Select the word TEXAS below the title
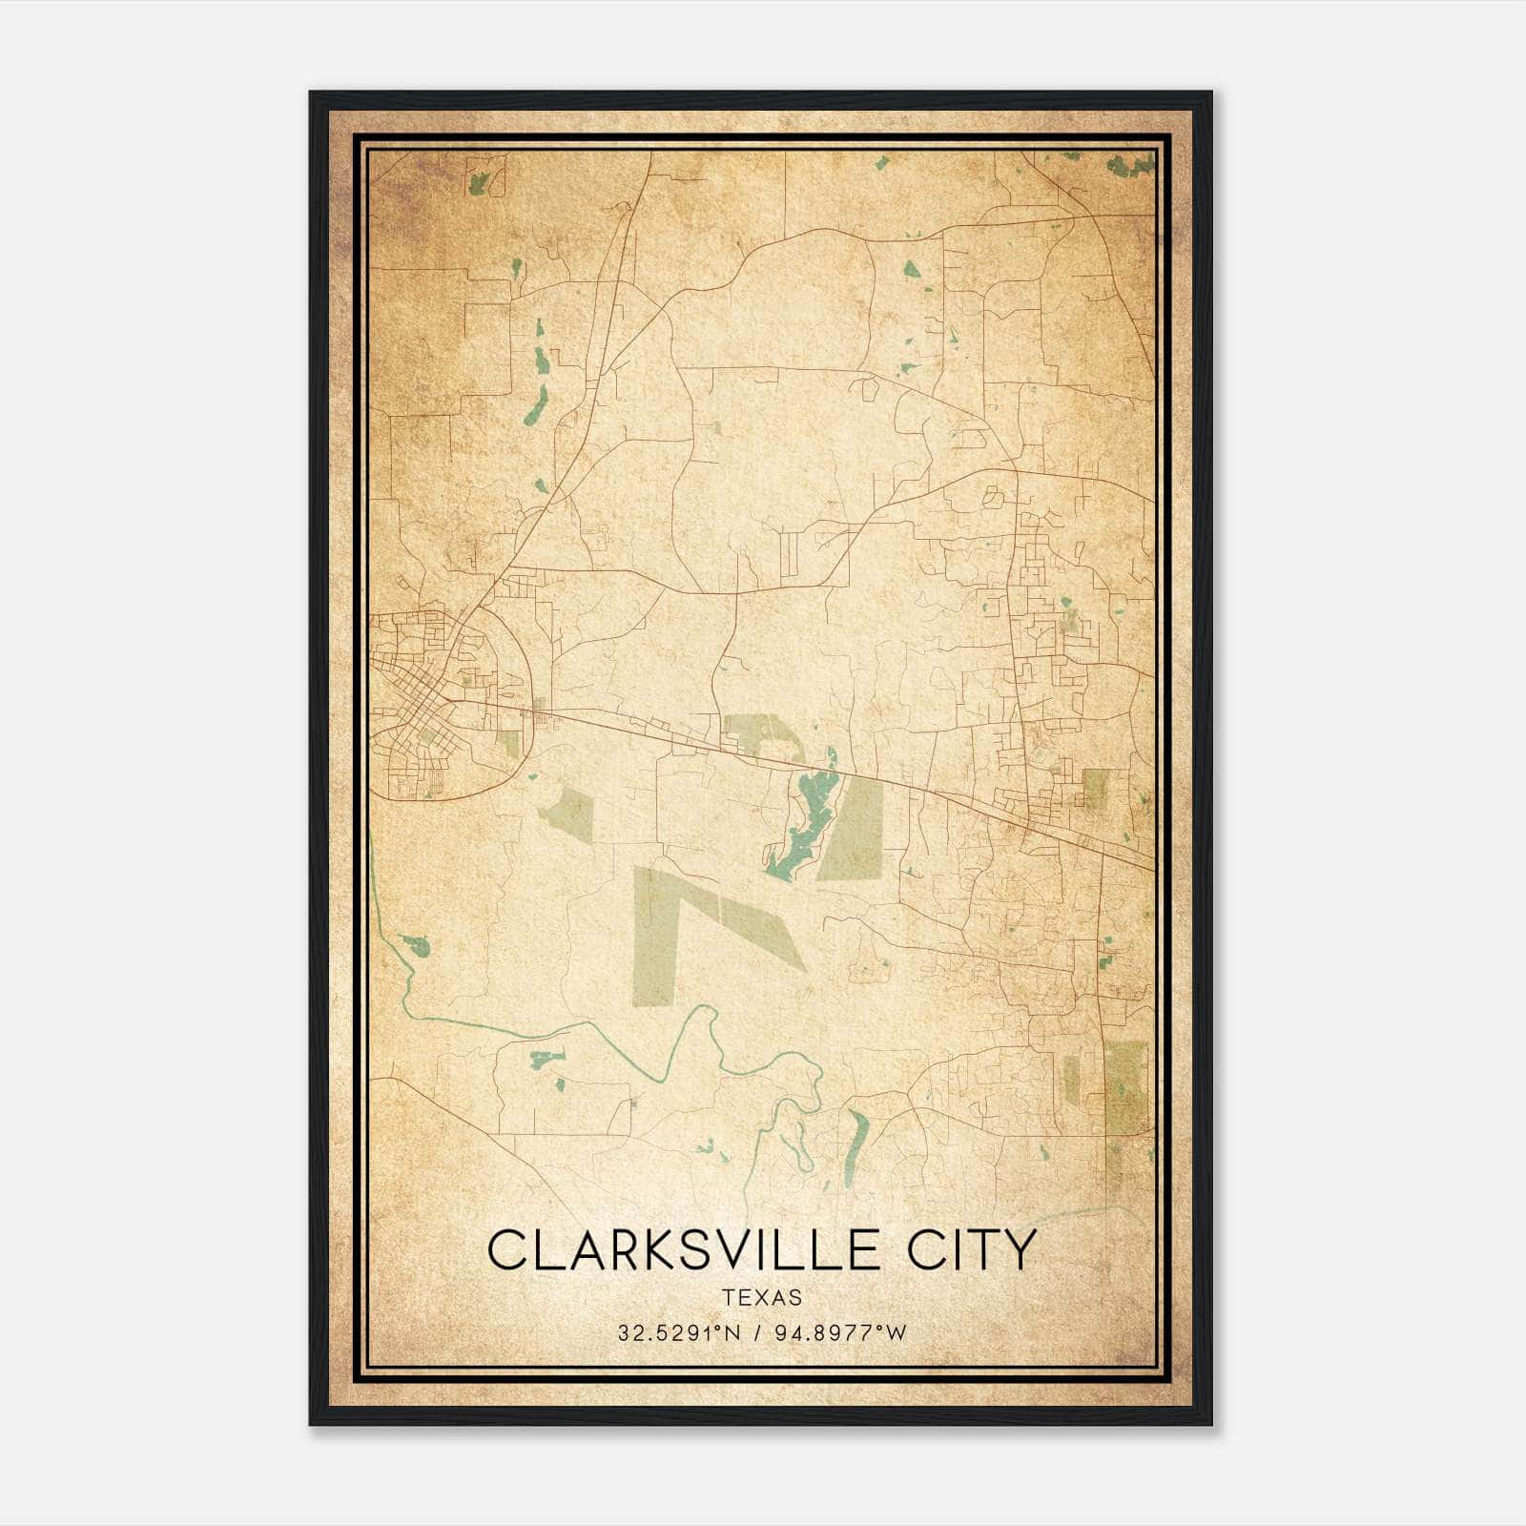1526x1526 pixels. pos(761,1297)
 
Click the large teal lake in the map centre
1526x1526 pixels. pos(807,820)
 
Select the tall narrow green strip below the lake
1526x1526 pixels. pos(648,935)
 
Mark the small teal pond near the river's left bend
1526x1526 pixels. pos(417,946)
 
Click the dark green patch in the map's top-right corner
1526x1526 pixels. pos(1131,165)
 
